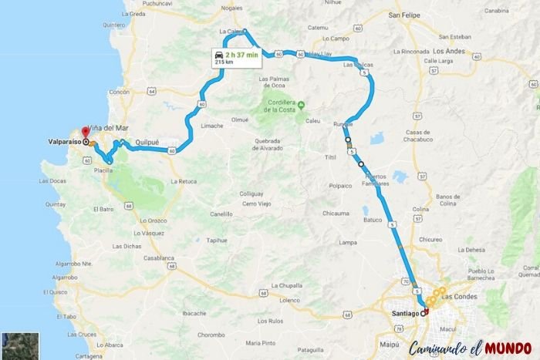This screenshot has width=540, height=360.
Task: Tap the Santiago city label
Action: pos(405,314)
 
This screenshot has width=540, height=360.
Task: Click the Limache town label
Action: pos(211,126)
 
